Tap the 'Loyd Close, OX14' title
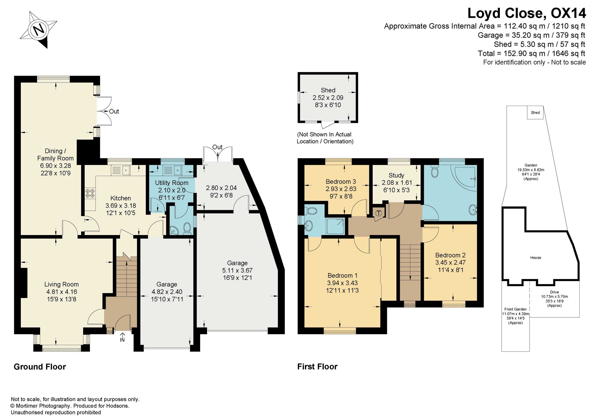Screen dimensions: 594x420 pos(527,13)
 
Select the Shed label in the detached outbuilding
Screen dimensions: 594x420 pos(328,90)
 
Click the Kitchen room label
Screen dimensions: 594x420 pos(121,198)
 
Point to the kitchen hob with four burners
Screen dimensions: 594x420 pos(90,194)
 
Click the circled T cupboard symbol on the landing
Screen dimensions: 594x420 pos(379,213)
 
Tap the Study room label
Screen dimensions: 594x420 pos(396,175)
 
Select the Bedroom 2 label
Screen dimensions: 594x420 pos(450,255)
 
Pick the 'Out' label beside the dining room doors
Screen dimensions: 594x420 pos(114,111)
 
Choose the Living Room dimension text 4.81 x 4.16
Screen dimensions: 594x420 pos(61,292)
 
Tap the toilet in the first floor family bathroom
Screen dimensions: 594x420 pos(435,172)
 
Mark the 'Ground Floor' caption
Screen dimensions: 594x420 pos(40,367)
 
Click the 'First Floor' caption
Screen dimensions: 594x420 pos(317,367)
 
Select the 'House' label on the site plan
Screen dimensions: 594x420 pos(535,258)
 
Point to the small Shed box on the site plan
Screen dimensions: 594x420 pos(535,113)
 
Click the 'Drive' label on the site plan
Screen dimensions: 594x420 pos(554,292)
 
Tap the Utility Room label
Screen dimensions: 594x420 pos(172,183)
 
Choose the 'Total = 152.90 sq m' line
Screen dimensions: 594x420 pos(531,53)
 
